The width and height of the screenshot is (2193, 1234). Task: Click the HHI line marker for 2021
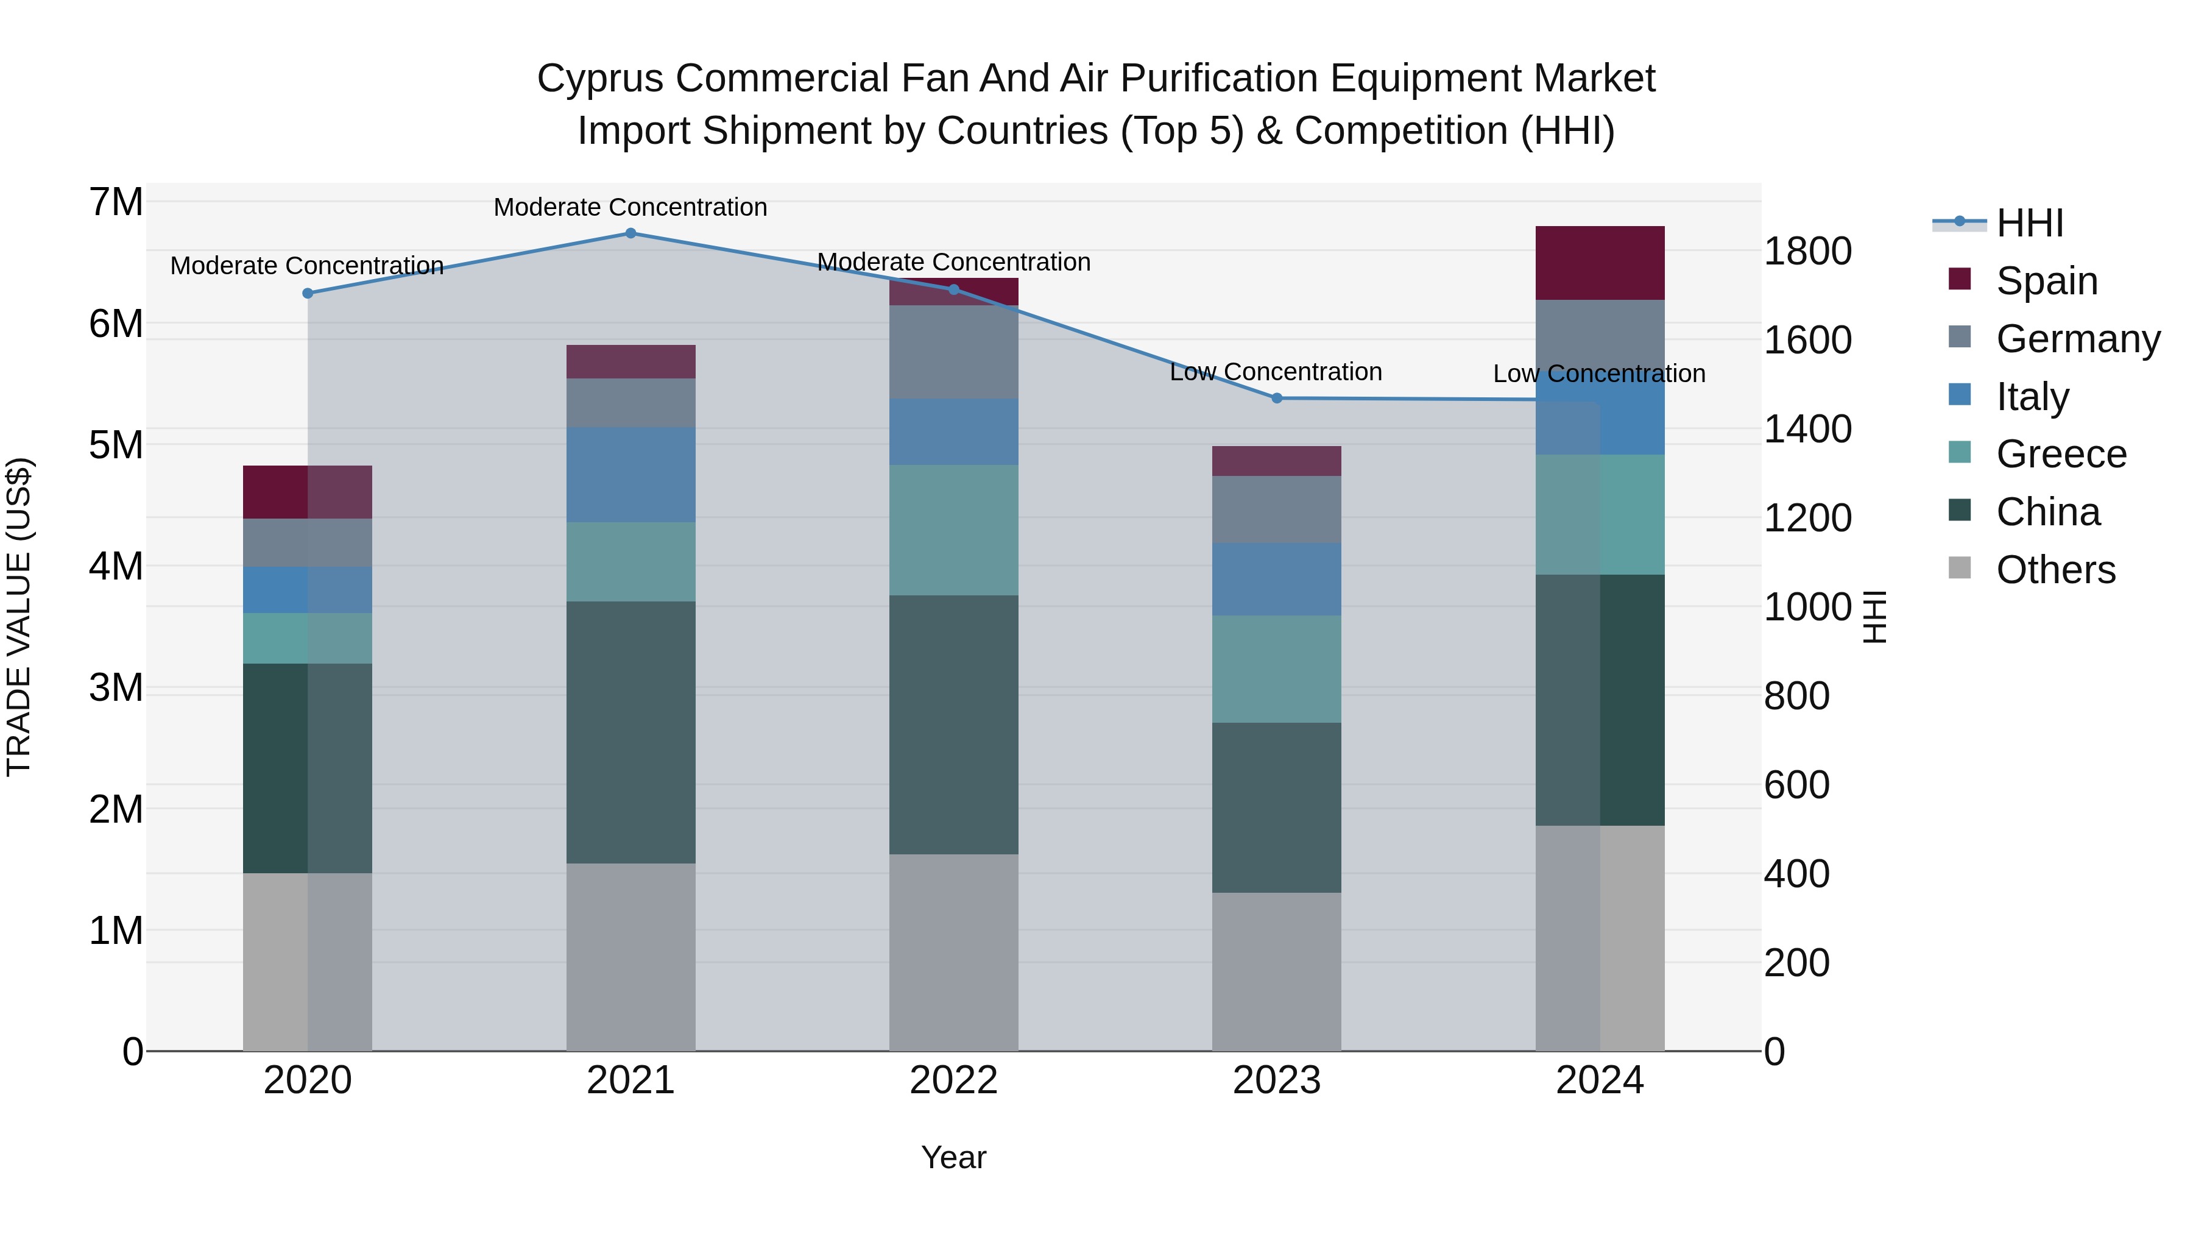pos(631,233)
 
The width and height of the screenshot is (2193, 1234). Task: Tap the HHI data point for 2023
pos(1276,399)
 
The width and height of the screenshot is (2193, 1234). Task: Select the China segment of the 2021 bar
pos(631,732)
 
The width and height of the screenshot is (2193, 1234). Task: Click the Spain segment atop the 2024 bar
pos(1600,263)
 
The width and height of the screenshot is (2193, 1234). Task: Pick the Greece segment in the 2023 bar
pos(1276,669)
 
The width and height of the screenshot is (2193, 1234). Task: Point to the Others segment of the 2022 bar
pos(953,952)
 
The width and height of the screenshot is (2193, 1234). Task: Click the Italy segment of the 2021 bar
pos(631,474)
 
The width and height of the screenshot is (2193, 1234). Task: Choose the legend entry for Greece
pos(2060,454)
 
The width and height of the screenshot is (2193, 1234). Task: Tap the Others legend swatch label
pos(2055,570)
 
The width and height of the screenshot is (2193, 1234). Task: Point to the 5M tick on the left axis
pos(116,445)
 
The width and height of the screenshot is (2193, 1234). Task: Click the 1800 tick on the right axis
pos(1807,251)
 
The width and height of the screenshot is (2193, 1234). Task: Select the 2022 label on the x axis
pos(953,1080)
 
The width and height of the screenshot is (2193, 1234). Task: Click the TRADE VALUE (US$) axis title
pos(19,617)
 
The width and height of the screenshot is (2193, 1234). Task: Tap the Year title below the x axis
pos(953,1157)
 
